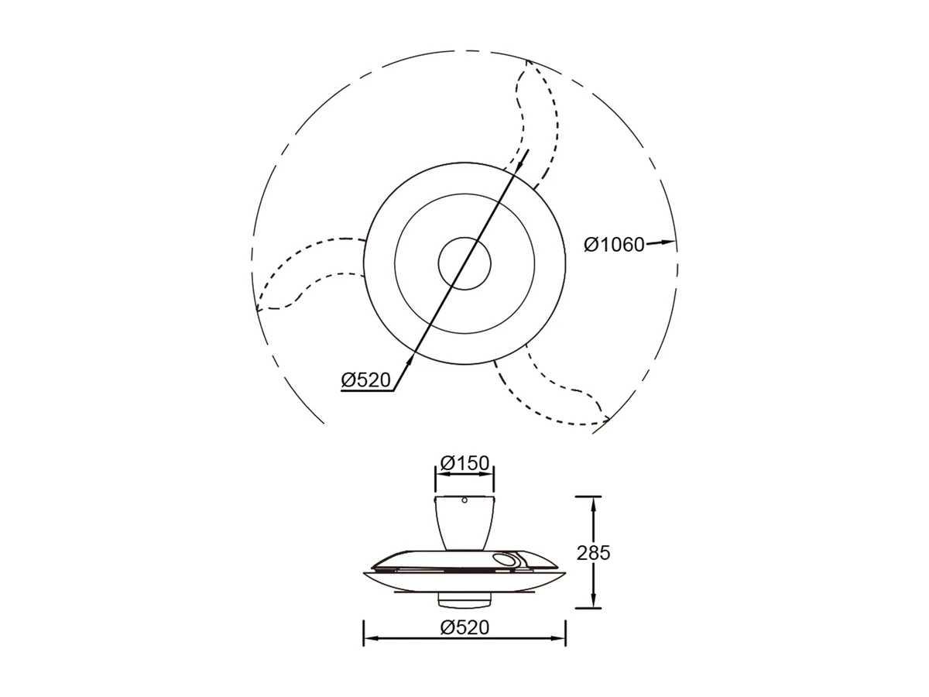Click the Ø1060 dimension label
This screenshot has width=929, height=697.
tap(614, 245)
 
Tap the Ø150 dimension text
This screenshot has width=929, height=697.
tap(464, 463)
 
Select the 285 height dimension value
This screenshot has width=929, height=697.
tap(593, 553)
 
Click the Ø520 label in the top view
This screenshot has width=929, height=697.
tap(365, 380)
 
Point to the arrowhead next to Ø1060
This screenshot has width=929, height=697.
tap(667, 242)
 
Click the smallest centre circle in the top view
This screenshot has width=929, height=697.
tap(464, 263)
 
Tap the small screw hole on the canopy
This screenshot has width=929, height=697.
tap(464, 500)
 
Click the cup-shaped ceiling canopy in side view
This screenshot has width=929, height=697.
tap(464, 523)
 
